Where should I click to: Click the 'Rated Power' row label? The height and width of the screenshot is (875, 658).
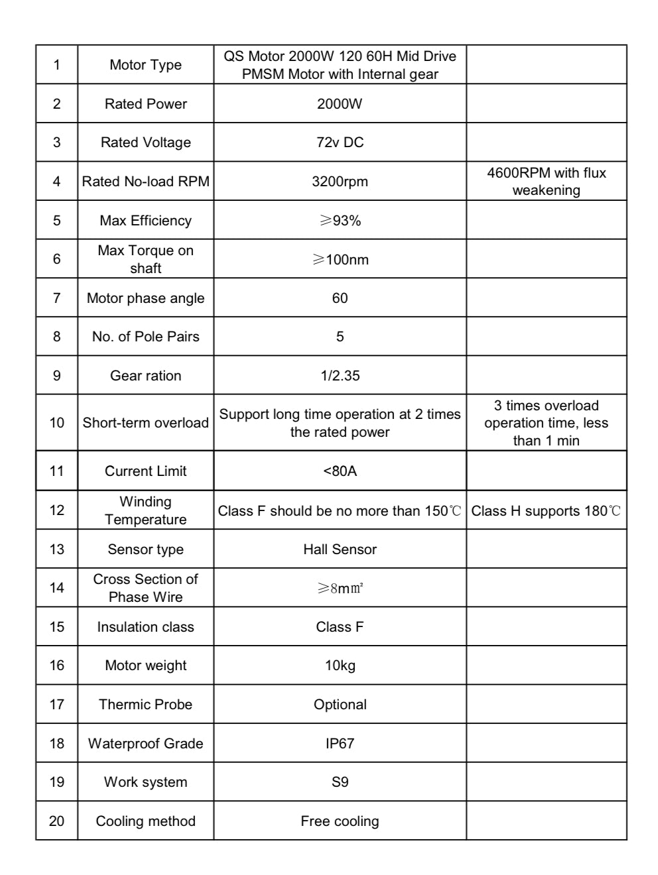click(x=145, y=103)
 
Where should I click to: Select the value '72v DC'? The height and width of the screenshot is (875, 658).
click(x=340, y=142)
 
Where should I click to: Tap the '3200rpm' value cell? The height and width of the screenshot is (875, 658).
click(x=340, y=181)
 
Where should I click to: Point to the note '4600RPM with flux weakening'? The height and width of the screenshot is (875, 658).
click(x=546, y=181)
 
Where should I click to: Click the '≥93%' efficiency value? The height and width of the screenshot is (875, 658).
click(x=340, y=220)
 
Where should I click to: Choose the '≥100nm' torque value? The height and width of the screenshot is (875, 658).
click(x=340, y=259)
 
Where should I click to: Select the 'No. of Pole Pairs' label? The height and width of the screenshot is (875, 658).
click(x=145, y=336)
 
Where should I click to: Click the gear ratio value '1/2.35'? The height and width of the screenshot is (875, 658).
click(x=340, y=375)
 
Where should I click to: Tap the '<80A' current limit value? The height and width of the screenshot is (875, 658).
click(x=340, y=471)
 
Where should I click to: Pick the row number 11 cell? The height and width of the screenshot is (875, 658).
click(x=57, y=471)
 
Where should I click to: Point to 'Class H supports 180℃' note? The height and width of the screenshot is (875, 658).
click(x=546, y=510)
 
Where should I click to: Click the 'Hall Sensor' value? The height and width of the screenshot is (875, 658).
click(x=340, y=549)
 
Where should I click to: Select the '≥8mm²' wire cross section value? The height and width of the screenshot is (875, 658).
click(x=340, y=588)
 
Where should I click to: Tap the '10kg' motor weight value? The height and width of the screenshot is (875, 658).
click(x=340, y=665)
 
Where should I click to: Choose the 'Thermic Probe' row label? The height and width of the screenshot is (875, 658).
click(x=145, y=704)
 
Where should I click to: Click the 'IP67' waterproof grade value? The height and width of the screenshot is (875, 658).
click(x=340, y=743)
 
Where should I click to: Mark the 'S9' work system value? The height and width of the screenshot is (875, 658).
click(x=340, y=782)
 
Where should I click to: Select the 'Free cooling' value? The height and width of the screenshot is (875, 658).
click(x=340, y=821)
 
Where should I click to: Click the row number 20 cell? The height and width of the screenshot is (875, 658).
click(x=57, y=821)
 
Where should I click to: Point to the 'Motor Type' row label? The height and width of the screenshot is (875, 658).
click(x=145, y=64)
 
